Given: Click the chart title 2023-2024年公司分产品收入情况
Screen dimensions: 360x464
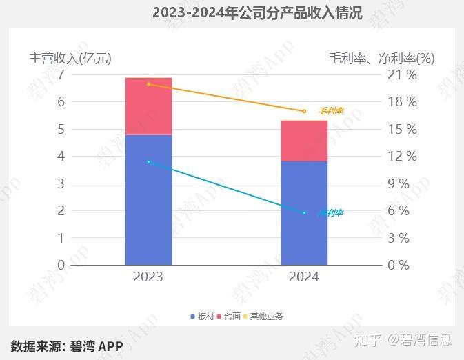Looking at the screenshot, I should pos(257,12).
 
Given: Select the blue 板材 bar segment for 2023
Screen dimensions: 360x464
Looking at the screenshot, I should pos(148,200).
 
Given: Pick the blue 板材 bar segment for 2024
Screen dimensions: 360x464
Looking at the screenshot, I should pos(304,213).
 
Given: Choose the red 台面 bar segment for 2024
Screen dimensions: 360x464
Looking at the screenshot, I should pos(304,141).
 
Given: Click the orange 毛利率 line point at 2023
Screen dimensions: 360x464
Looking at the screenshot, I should pos(148,84).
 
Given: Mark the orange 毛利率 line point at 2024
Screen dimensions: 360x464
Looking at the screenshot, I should pos(304,111).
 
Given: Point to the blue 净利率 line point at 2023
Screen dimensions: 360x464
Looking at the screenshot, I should pos(148,162).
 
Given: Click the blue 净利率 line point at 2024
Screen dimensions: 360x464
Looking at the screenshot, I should pos(304,213).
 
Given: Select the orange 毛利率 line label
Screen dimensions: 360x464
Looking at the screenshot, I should pos(331,111).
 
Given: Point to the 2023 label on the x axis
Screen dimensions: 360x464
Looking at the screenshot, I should pos(148,277).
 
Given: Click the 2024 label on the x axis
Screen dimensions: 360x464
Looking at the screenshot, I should pos(304,277).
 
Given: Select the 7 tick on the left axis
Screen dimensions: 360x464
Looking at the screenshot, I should pos(61,74).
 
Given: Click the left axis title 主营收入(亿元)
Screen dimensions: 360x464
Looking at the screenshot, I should pos(70,58).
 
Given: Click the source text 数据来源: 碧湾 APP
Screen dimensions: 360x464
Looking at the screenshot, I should pos(66,346).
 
